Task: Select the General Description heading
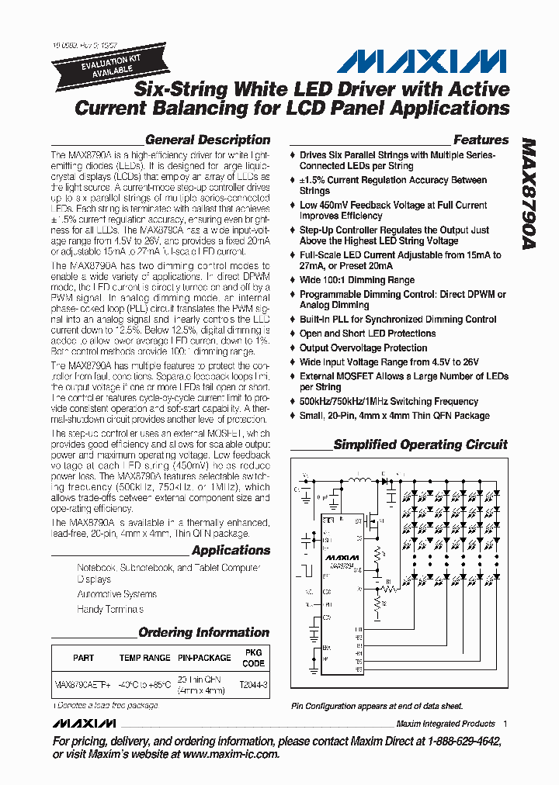207,140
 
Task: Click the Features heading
481,140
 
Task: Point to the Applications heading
231,551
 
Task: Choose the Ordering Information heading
203,633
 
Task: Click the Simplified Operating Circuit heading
420,445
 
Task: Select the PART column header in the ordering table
84,658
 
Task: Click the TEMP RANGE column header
144,658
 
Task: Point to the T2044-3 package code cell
254,686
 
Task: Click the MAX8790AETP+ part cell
82,686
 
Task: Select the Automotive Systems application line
116,594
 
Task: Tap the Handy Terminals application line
110,610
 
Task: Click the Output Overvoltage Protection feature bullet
363,348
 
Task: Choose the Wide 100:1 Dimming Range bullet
357,280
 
